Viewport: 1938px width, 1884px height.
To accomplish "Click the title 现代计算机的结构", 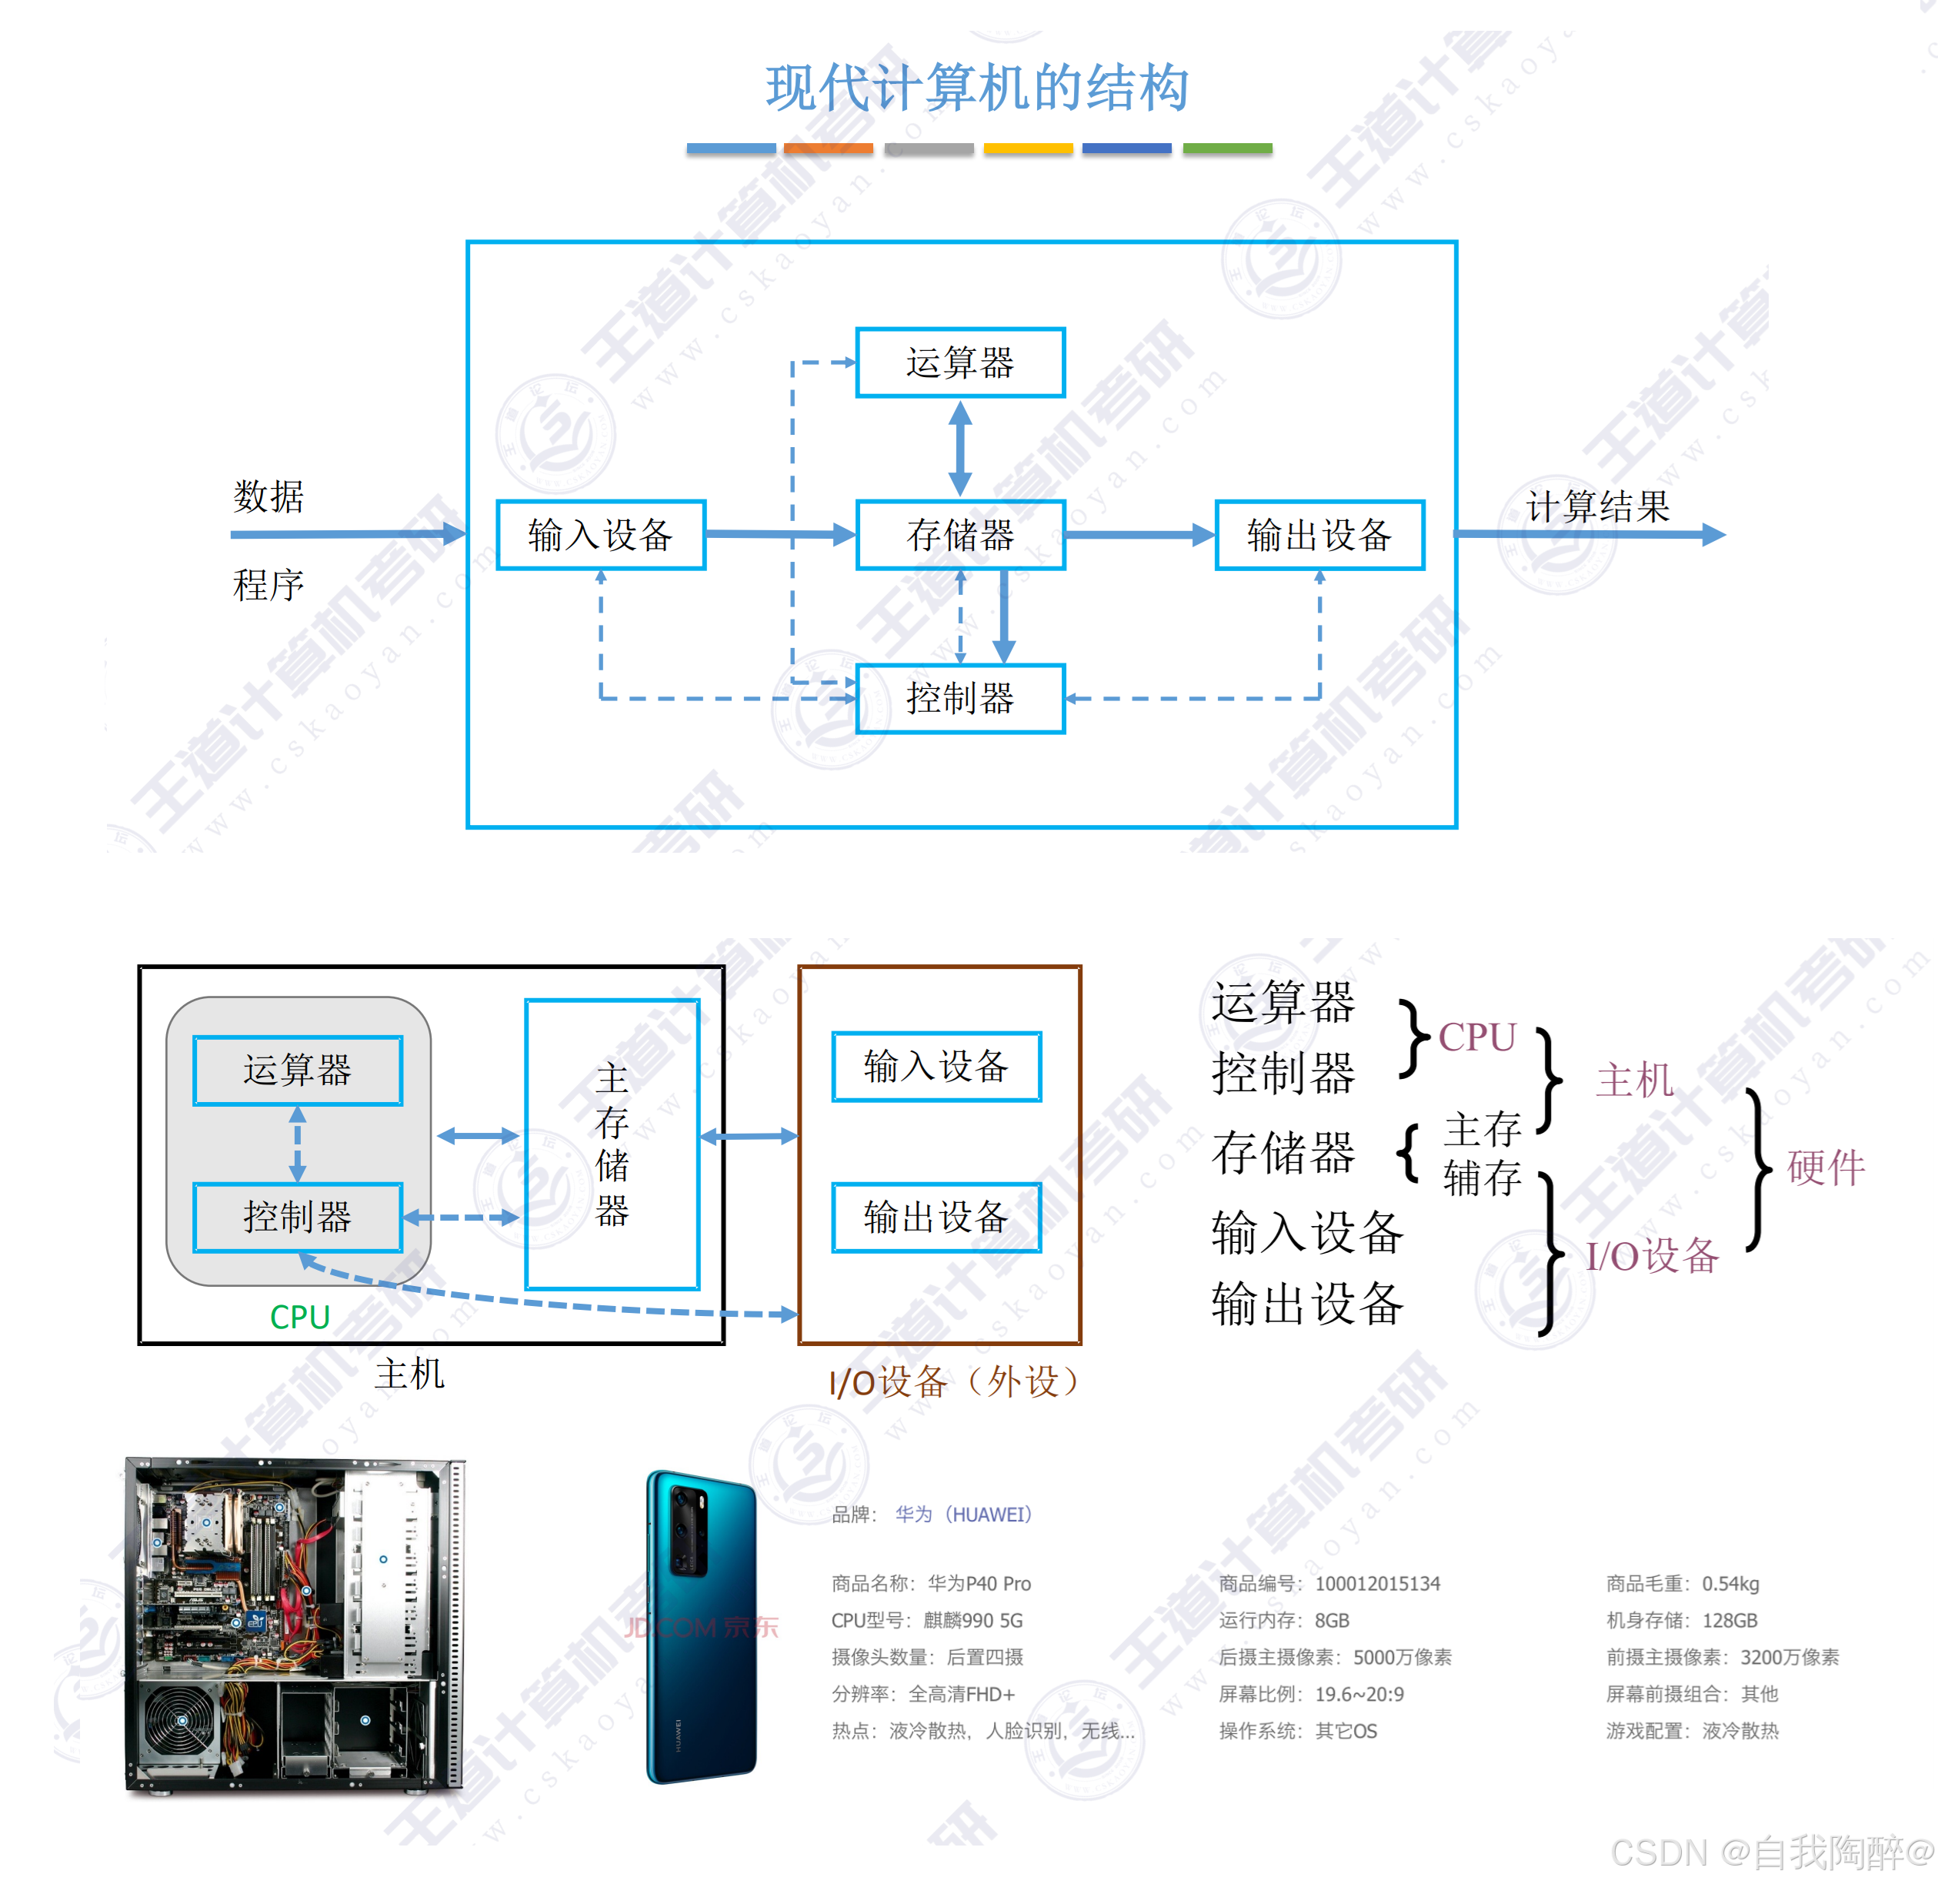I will click(x=976, y=87).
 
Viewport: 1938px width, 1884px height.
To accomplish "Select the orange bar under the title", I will click(x=828, y=149).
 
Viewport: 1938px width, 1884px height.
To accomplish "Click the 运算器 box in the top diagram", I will click(x=959, y=362).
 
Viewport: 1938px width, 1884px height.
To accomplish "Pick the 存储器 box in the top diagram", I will click(x=959, y=536).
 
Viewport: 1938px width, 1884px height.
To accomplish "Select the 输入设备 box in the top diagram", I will click(x=601, y=536).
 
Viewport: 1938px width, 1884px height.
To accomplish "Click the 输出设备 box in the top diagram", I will click(x=1319, y=536).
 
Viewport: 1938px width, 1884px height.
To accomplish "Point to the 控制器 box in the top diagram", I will click(x=959, y=699).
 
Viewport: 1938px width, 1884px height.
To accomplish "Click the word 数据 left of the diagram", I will click(x=268, y=496).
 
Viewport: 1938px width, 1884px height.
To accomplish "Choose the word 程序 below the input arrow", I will click(x=268, y=585).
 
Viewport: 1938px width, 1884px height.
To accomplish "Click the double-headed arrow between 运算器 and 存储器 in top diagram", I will click(x=959, y=448).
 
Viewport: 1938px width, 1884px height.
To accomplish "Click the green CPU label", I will click(x=300, y=1317).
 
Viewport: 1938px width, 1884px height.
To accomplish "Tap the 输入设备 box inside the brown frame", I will click(x=936, y=1067).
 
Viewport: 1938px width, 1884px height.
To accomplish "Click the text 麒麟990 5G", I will click(x=972, y=1620).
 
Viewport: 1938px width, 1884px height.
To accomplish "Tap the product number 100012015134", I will click(x=1377, y=1583).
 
